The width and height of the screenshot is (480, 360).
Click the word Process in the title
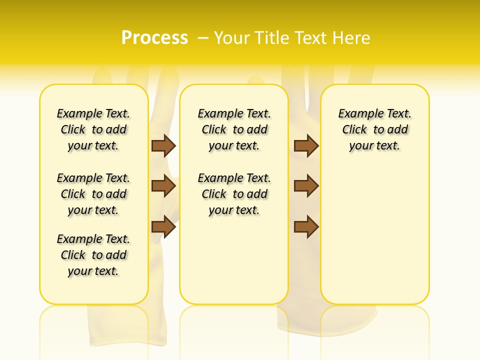[x=154, y=37]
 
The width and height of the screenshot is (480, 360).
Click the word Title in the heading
[x=272, y=38]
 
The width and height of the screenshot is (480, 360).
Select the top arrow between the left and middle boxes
[x=163, y=145]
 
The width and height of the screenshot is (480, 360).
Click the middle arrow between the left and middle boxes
[x=163, y=186]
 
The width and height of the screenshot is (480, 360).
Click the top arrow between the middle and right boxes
[x=306, y=145]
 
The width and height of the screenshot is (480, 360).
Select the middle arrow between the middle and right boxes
[x=306, y=186]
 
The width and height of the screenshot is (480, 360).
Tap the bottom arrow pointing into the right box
[x=306, y=226]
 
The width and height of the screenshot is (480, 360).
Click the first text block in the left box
[x=93, y=129]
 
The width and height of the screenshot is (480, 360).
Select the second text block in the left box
[x=93, y=194]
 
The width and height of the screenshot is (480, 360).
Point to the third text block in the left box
[x=93, y=255]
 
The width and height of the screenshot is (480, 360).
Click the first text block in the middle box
[x=234, y=129]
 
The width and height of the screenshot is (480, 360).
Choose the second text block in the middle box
[x=234, y=194]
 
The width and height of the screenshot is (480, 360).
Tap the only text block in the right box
[x=375, y=129]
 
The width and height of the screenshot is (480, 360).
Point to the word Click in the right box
[x=354, y=130]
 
